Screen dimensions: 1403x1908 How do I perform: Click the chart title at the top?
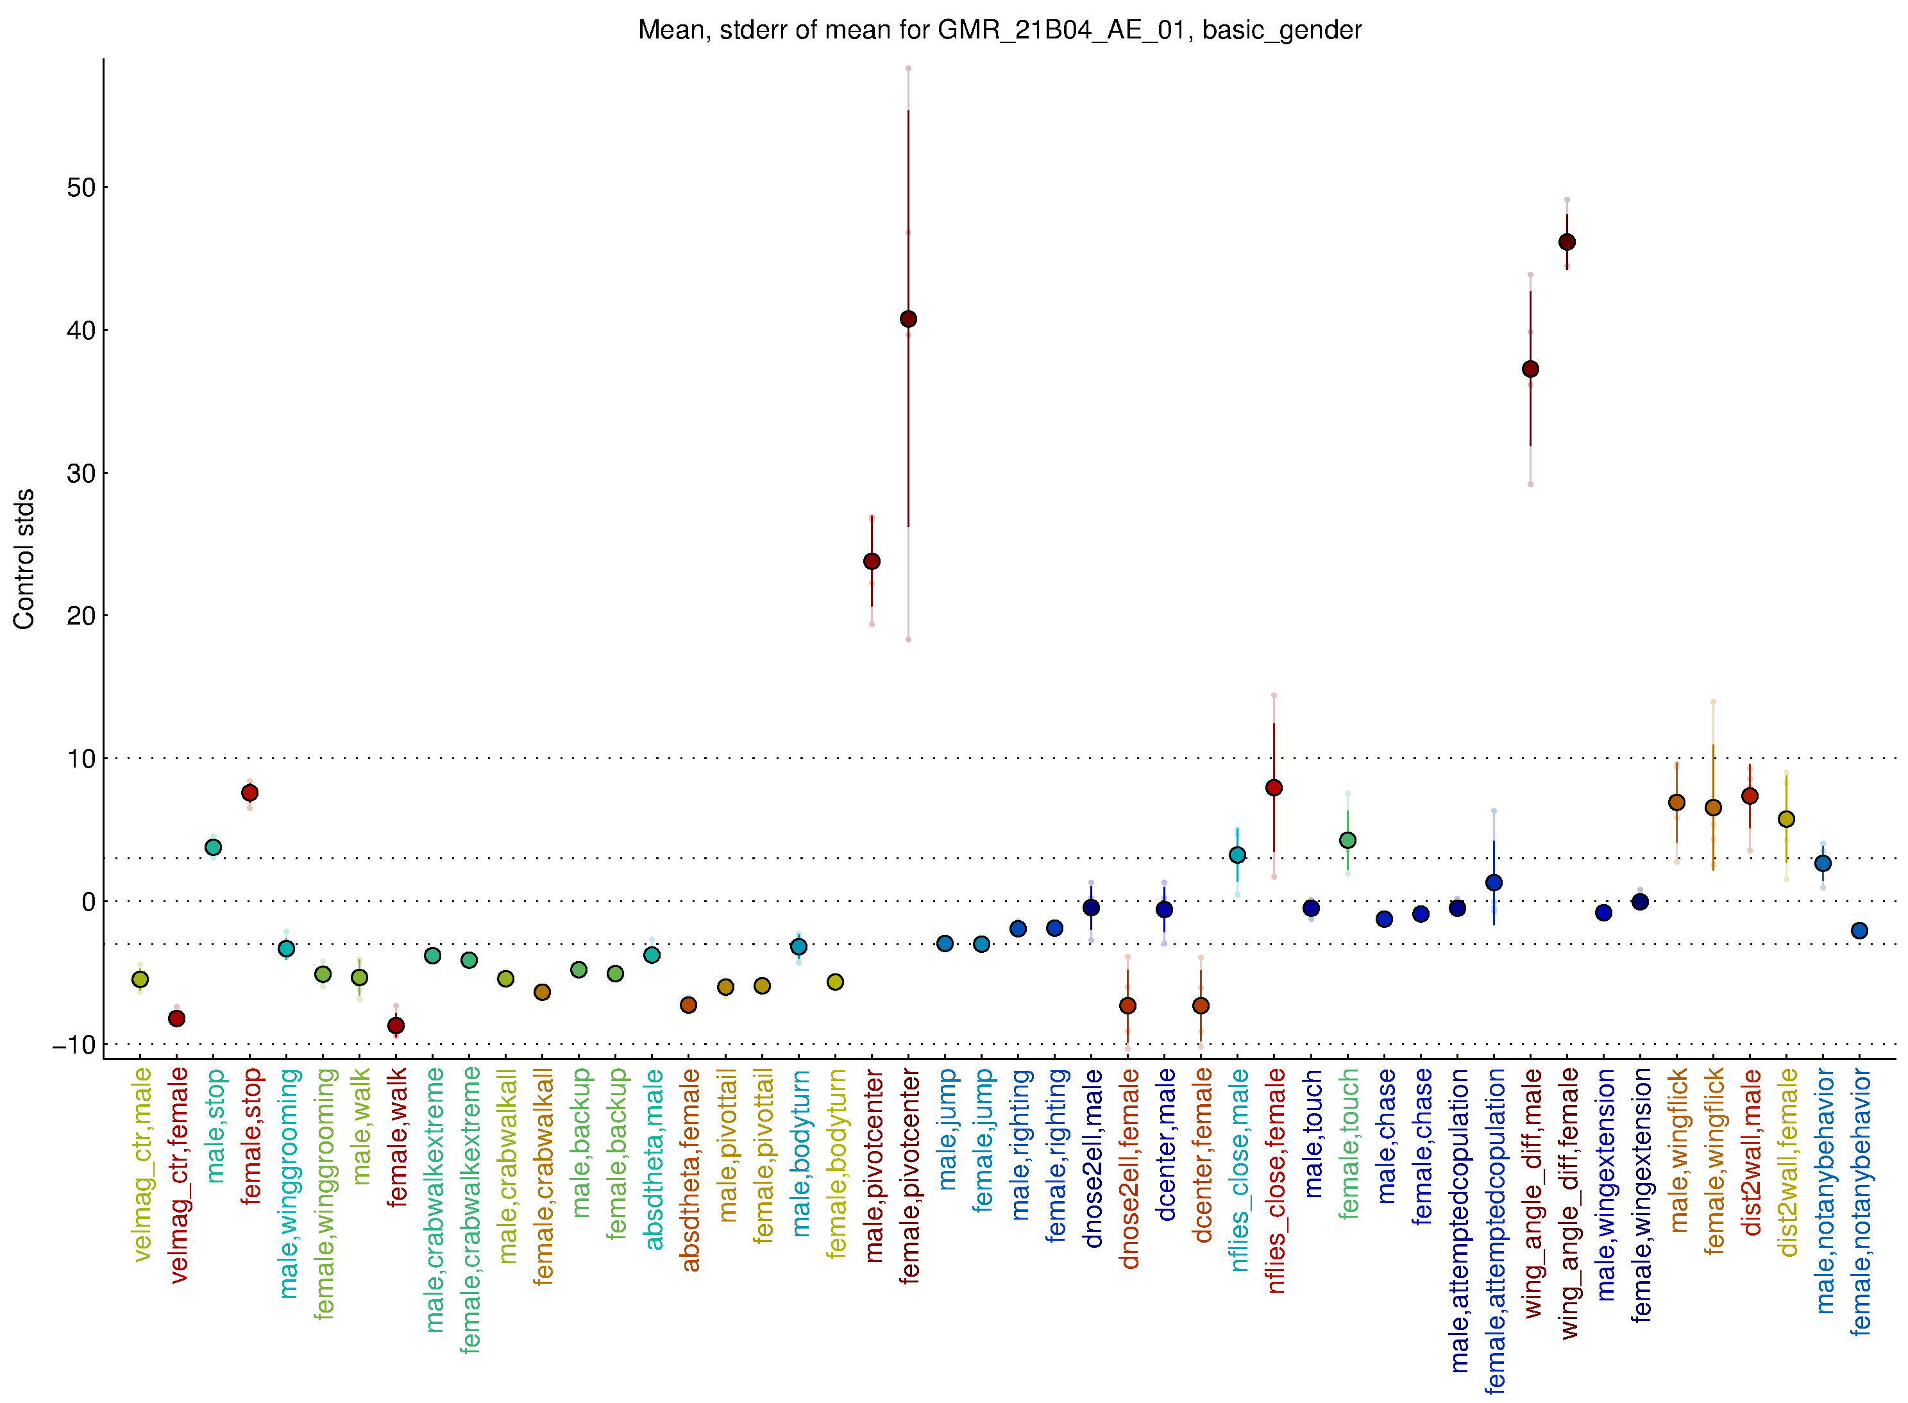coord(999,31)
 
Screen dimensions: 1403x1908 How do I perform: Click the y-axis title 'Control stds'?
coord(24,559)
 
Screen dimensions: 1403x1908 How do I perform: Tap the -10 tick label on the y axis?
coord(75,1045)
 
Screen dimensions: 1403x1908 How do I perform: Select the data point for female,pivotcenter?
coord(908,319)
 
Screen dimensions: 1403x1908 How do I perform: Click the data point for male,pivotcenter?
coord(872,561)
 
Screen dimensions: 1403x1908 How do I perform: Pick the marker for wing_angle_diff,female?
coord(1567,242)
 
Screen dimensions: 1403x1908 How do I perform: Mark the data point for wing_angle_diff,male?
coord(1531,369)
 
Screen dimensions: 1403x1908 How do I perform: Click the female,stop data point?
coord(249,793)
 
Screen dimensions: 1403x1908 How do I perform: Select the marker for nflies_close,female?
coord(1274,788)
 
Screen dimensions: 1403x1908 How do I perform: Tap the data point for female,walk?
coord(396,1026)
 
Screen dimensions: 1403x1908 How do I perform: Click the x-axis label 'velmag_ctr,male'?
coord(142,1164)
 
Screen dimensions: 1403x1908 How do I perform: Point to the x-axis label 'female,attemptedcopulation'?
coord(1494,1231)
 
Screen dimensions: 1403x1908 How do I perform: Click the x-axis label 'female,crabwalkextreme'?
coord(469,1210)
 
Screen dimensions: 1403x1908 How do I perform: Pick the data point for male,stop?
coord(213,846)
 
